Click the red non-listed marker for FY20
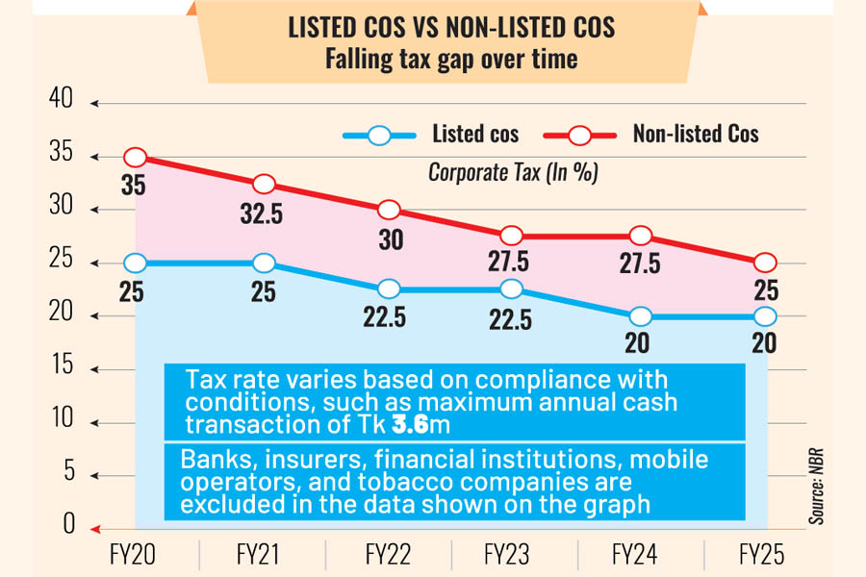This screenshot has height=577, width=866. click(136, 158)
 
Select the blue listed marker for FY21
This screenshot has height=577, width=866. click(264, 263)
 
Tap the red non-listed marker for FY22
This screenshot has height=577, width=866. click(389, 211)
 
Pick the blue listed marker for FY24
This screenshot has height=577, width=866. click(638, 316)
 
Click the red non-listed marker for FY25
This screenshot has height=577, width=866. click(765, 263)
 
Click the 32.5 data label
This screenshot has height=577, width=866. click(262, 213)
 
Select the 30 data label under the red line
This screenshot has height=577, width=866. click(390, 240)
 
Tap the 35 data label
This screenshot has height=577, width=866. click(134, 187)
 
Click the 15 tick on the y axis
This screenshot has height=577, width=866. click(61, 365)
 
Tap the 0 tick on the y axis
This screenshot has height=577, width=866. click(67, 525)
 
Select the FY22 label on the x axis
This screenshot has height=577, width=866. click(389, 556)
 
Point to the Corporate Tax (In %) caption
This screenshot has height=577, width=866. click(513, 173)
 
